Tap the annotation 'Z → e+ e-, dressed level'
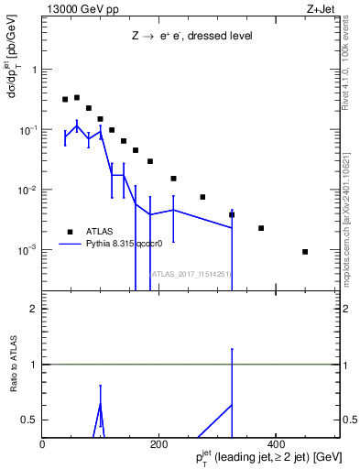191,36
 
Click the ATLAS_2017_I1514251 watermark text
191,274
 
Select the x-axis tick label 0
42,443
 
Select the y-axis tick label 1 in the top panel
36,70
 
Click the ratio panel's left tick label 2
35,309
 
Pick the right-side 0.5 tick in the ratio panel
350,420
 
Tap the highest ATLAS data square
77,97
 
